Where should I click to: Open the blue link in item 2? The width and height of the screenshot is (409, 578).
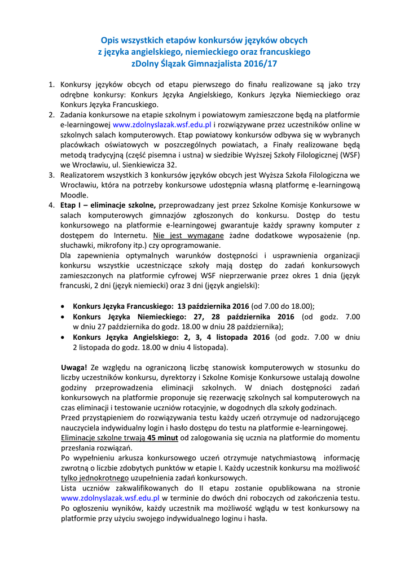tap(162, 124)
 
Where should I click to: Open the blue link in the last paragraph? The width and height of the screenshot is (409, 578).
tap(111, 498)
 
